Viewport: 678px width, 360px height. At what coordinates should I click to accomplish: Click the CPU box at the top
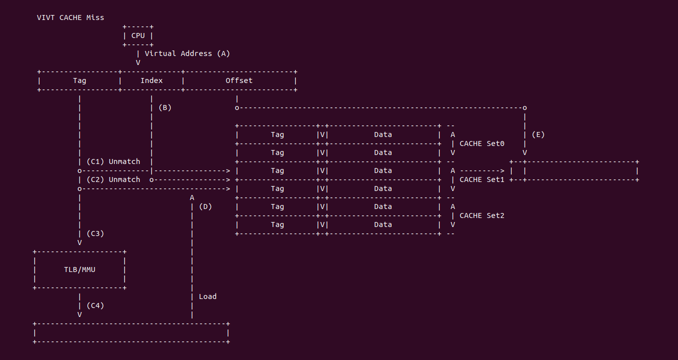138,35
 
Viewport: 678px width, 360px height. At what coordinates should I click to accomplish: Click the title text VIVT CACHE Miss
70,17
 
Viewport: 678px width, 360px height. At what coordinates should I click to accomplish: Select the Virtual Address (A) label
187,53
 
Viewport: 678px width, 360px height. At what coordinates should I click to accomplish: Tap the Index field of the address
151,80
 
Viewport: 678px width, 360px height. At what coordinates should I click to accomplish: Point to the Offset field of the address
239,80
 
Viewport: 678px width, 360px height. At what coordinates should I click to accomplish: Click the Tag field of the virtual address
79,80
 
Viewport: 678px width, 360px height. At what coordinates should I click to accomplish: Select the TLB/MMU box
79,269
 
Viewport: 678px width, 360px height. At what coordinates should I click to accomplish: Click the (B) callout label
164,107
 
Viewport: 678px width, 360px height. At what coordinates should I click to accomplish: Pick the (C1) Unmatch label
113,161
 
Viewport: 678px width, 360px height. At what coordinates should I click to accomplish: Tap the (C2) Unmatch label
113,179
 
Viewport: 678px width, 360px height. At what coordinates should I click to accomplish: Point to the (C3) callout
95,233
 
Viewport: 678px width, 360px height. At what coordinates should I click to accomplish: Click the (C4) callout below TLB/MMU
95,305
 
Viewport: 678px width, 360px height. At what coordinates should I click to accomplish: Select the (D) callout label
205,206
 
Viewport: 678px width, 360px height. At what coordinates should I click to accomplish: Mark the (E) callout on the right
538,134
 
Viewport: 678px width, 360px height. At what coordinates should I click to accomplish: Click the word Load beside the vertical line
208,296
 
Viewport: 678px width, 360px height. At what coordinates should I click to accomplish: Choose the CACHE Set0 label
482,143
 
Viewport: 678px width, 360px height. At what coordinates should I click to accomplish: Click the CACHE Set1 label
482,179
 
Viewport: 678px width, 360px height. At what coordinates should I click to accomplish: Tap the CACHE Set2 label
482,215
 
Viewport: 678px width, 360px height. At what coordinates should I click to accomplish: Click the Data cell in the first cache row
383,134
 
